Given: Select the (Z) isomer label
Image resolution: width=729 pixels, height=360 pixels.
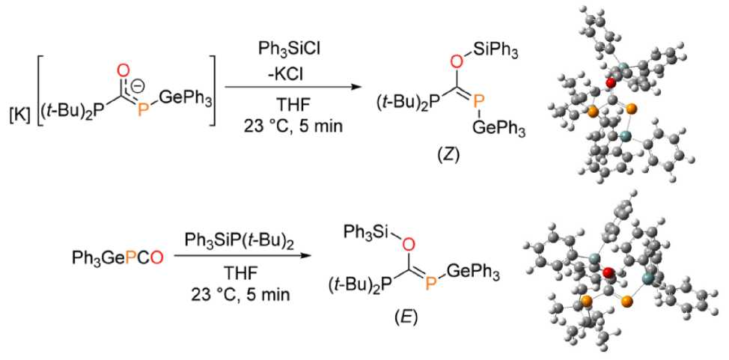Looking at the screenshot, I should [x=457, y=157].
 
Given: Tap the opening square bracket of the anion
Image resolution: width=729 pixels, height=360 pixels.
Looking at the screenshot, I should [x=34, y=88].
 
